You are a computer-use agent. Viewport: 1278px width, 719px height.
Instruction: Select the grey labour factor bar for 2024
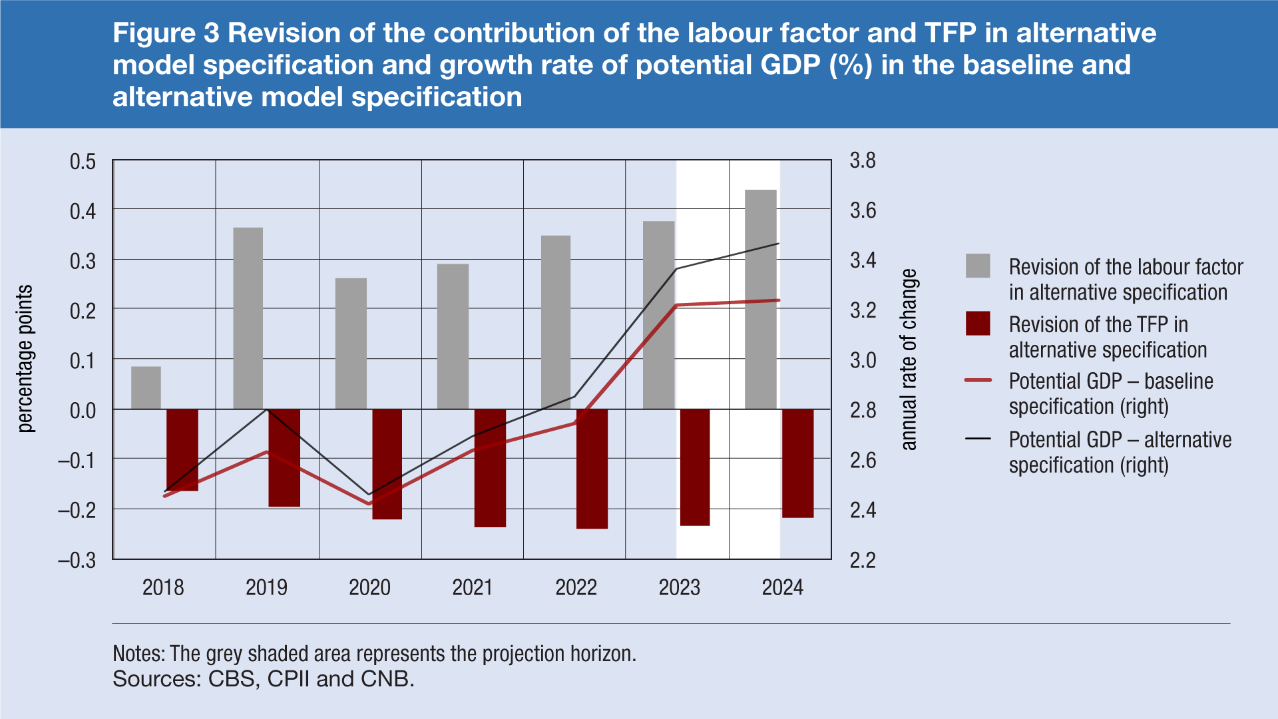[760, 300]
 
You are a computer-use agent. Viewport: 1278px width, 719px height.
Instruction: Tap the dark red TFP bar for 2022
[592, 469]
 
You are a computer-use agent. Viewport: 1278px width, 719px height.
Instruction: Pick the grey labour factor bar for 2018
[146, 387]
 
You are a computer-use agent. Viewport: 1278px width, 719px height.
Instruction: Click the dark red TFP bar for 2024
[797, 463]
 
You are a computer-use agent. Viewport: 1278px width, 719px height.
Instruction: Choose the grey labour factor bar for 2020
[351, 344]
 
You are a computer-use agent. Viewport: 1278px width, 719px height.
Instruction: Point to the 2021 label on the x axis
[472, 587]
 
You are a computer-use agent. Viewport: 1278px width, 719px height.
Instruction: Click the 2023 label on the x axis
[679, 587]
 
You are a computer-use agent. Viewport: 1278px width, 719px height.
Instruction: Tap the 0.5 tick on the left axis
[83, 162]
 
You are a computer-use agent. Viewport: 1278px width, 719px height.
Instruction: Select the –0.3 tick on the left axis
[77, 560]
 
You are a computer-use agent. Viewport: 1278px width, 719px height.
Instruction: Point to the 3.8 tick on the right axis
[863, 160]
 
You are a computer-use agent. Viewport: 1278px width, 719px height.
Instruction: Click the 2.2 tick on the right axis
[863, 560]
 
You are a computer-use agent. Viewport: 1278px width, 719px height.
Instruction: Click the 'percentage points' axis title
[25, 359]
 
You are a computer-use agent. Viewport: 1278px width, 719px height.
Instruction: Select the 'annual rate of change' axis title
[909, 359]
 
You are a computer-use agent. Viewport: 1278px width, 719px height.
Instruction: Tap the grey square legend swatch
[978, 266]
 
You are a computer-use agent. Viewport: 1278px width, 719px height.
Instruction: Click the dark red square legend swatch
[978, 324]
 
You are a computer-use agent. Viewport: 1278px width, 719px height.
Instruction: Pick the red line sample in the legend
[978, 380]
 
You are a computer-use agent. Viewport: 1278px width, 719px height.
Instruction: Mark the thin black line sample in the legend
[978, 439]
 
